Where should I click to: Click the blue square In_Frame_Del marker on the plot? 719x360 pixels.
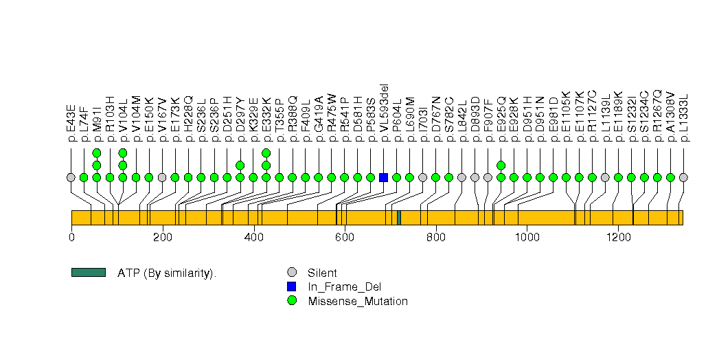pyautogui.click(x=383, y=177)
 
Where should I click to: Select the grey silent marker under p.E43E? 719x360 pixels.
pyautogui.click(x=71, y=177)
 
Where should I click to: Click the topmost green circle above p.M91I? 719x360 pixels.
pyautogui.click(x=97, y=153)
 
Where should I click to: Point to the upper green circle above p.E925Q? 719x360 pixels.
pyautogui.click(x=501, y=165)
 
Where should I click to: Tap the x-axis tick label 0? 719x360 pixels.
pyautogui.click(x=71, y=238)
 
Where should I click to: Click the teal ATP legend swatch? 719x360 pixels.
pyautogui.click(x=88, y=273)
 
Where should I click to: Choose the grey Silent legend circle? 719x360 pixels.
pyautogui.click(x=292, y=273)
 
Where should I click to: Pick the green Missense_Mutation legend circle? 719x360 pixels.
pyautogui.click(x=292, y=301)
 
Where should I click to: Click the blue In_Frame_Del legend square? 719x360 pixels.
pyautogui.click(x=292, y=286)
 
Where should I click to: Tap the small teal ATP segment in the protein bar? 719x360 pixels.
pyautogui.click(x=399, y=217)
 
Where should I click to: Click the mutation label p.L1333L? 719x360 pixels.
pyautogui.click(x=683, y=117)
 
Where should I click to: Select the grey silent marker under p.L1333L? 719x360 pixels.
pyautogui.click(x=683, y=177)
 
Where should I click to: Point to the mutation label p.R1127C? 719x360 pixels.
pyautogui.click(x=593, y=117)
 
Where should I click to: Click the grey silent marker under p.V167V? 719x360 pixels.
pyautogui.click(x=162, y=177)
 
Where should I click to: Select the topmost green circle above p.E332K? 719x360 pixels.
pyautogui.click(x=266, y=153)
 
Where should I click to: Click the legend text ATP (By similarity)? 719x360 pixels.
pyautogui.click(x=167, y=273)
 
